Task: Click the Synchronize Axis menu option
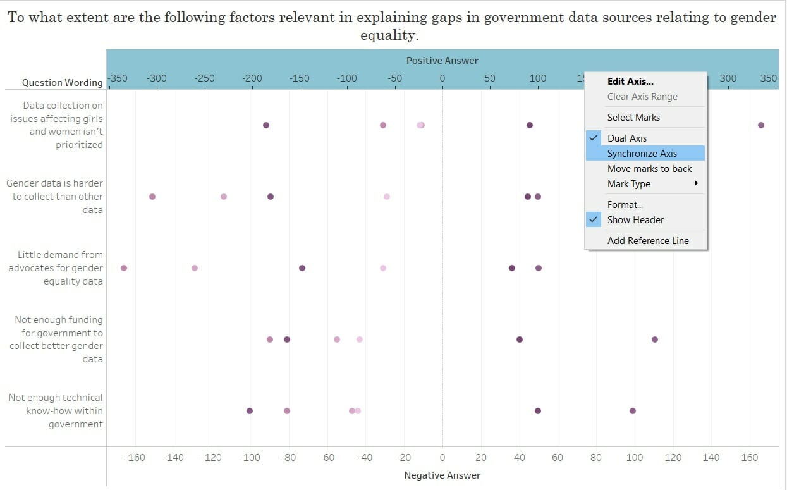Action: [x=642, y=154]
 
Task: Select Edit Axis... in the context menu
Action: [x=630, y=82]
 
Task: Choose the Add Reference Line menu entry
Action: [x=648, y=241]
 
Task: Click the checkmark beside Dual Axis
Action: [x=594, y=138]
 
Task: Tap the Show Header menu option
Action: [x=635, y=220]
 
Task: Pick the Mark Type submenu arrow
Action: [x=696, y=184]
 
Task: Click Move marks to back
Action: [x=649, y=169]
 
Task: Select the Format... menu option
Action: [x=625, y=205]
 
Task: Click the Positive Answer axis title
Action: [x=442, y=61]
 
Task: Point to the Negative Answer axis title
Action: [x=442, y=475]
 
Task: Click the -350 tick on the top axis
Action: [x=118, y=78]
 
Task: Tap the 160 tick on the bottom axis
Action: [x=749, y=458]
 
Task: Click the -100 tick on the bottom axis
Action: [x=250, y=458]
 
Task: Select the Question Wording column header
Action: [x=62, y=83]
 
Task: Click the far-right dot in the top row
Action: [x=760, y=125]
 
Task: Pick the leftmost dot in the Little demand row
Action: [x=124, y=268]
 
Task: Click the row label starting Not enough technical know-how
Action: [x=56, y=411]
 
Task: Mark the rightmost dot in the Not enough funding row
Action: [x=654, y=340]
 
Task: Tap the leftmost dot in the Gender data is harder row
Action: [x=152, y=197]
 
